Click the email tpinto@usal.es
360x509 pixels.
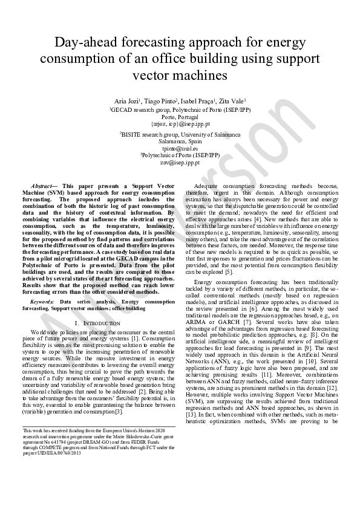pyautogui.click(x=180, y=148)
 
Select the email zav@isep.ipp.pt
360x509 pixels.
pyautogui.click(x=180, y=163)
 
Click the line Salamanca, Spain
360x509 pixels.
pyautogui.click(x=180, y=141)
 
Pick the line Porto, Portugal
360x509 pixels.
pyautogui.click(x=180, y=116)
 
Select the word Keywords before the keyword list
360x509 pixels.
pyautogui.click(x=42, y=300)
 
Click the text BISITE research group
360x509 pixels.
pyautogui.click(x=154, y=134)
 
